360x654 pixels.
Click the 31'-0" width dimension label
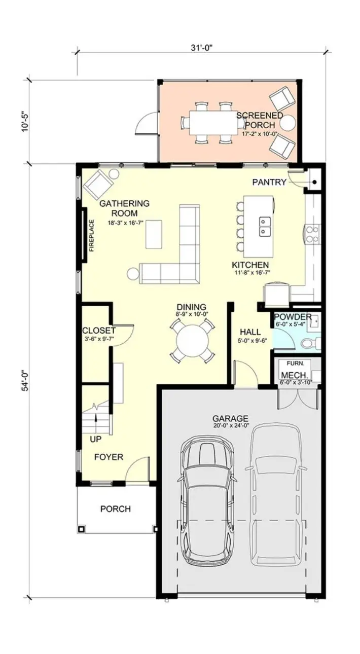tap(201, 48)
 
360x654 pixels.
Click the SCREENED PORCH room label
tap(260, 120)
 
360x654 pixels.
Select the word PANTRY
tap(269, 182)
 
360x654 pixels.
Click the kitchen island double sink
tap(265, 226)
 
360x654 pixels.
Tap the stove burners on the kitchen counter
tap(312, 234)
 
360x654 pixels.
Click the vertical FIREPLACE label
tap(92, 236)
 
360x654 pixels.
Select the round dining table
tap(192, 340)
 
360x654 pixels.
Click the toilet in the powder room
tap(311, 343)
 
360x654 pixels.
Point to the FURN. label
tap(296, 364)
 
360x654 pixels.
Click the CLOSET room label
tap(99, 331)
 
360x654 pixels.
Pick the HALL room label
tap(250, 332)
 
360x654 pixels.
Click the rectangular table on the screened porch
tap(214, 122)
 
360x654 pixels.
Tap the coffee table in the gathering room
tap(154, 234)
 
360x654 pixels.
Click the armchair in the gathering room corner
tap(98, 185)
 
